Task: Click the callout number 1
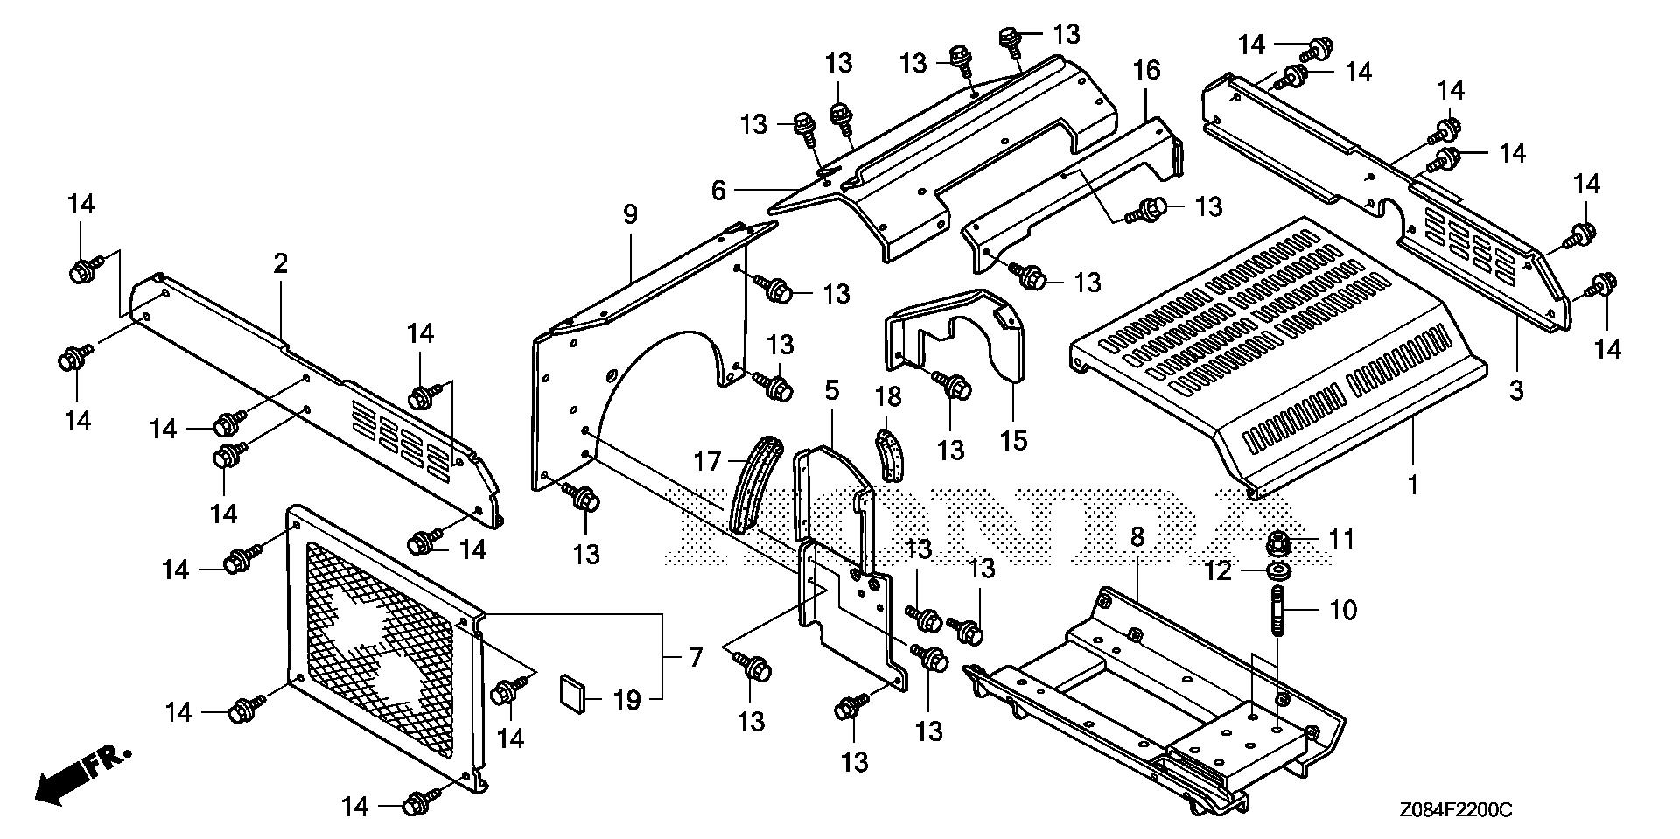point(1412,483)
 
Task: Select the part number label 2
point(280,263)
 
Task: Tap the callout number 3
point(1515,389)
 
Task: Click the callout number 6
point(718,190)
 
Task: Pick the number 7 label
point(696,656)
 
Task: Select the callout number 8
point(1137,538)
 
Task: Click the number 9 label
point(631,214)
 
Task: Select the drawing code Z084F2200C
point(1453,811)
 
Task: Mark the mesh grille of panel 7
point(381,647)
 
